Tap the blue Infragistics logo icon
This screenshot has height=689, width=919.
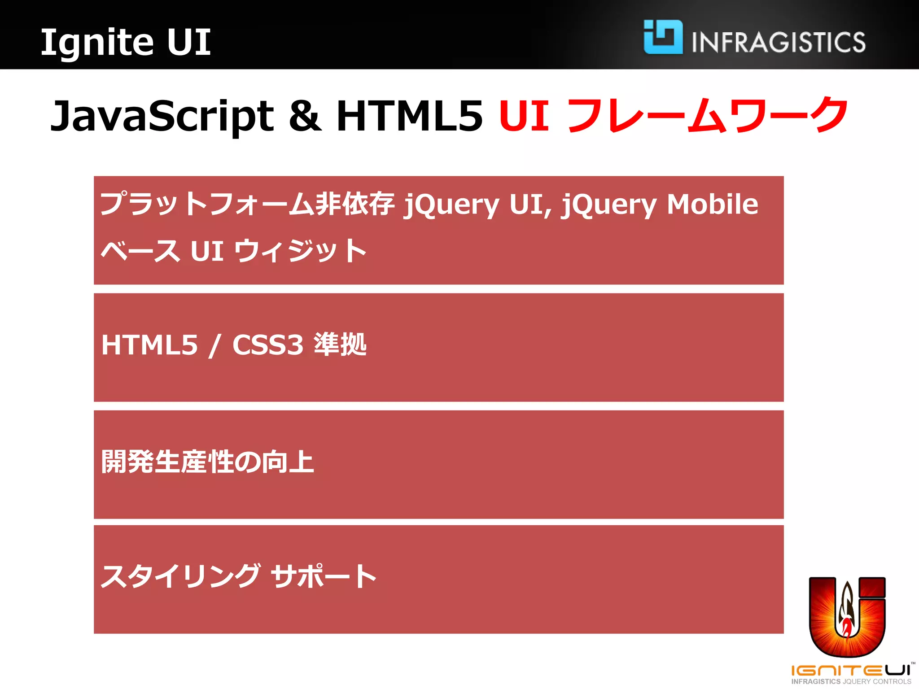pyautogui.click(x=663, y=37)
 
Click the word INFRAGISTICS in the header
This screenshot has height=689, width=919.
pyautogui.click(x=779, y=42)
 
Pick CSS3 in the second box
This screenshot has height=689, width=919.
pyautogui.click(x=268, y=345)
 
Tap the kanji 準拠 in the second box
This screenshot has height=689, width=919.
pyautogui.click(x=340, y=344)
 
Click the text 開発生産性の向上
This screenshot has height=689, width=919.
pyautogui.click(x=207, y=462)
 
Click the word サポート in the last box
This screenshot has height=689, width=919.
pyautogui.click(x=324, y=576)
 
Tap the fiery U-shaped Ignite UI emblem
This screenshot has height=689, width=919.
pyautogui.click(x=847, y=617)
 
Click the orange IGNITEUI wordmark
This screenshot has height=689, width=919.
pyautogui.click(x=851, y=670)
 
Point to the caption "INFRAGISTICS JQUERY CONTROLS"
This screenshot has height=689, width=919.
pyautogui.click(x=851, y=681)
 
